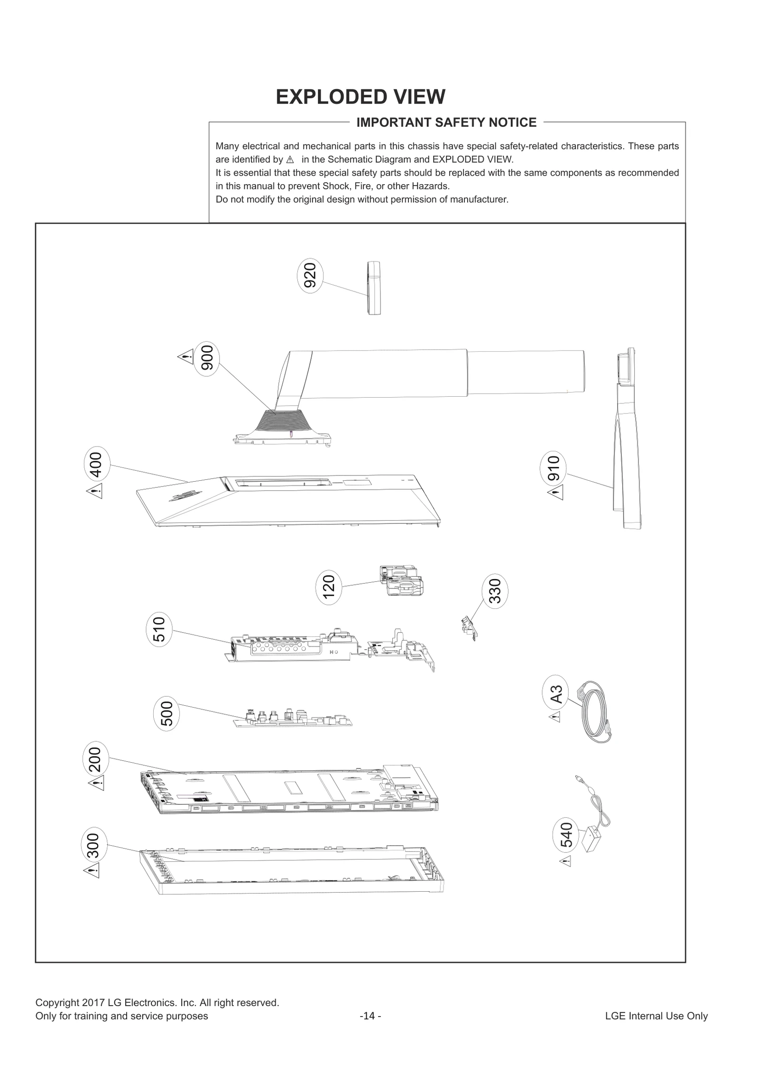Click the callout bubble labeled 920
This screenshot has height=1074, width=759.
tap(310, 276)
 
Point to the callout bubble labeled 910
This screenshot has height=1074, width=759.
tap(554, 468)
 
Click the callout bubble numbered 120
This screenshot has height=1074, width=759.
tap(329, 587)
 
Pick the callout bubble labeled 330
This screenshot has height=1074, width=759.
tap(495, 591)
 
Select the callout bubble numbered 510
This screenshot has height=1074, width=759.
tap(159, 629)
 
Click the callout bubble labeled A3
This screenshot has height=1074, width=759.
tap(556, 694)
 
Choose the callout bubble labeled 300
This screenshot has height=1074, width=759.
tap(94, 845)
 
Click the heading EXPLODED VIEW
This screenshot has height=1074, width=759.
tap(361, 97)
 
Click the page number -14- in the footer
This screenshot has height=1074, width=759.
tap(370, 1016)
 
